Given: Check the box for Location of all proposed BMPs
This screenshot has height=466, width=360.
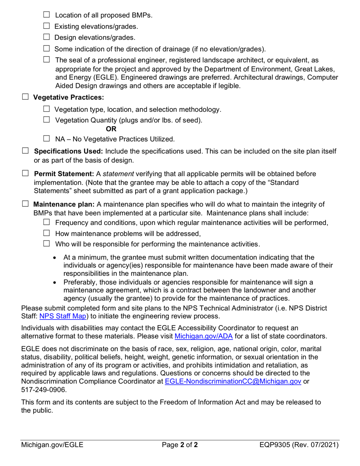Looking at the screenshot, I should (x=47, y=15).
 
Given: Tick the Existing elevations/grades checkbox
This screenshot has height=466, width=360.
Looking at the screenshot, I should (x=47, y=26).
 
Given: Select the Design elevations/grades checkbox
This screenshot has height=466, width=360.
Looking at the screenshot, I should (x=47, y=37).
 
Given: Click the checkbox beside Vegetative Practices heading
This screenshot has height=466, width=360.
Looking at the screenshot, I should (x=25, y=97).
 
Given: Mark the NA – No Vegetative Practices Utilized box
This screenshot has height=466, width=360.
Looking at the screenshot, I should (x=47, y=139).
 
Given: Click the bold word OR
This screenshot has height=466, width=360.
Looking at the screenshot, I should (x=111, y=130).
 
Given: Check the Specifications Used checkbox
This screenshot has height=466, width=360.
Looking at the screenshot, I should (x=25, y=151).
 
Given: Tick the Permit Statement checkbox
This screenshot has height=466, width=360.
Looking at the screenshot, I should (x=25, y=174).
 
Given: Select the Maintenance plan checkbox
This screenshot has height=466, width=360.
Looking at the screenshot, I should (x=25, y=204).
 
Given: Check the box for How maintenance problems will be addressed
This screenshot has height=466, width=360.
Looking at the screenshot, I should (x=47, y=233).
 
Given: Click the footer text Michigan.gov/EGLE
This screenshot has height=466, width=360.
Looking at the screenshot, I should (x=52, y=446).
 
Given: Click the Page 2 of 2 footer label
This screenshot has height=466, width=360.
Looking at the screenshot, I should (x=180, y=446).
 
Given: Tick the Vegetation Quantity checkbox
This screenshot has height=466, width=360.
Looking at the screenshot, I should (x=47, y=120).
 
